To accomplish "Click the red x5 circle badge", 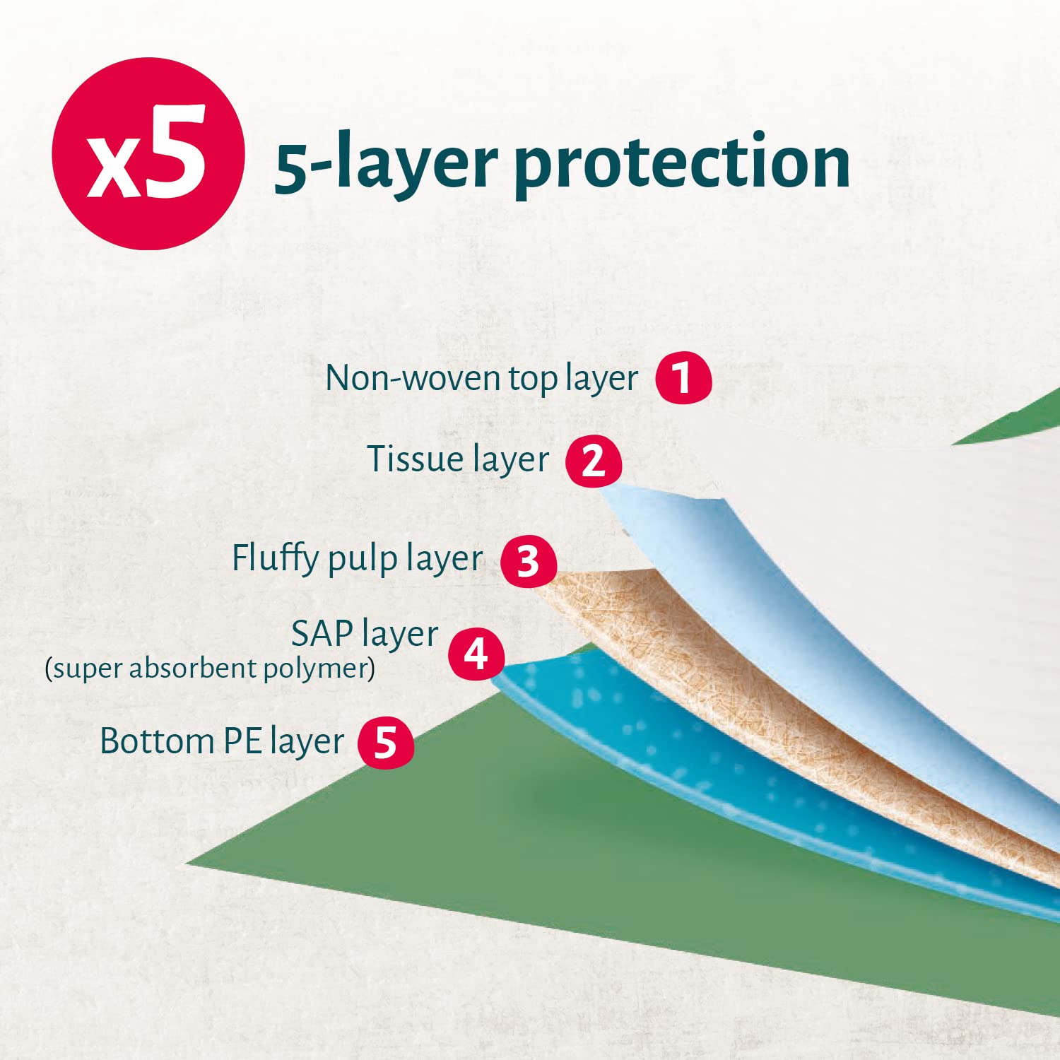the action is pyautogui.click(x=148, y=153).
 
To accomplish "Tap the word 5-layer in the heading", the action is pyautogui.click(x=386, y=164).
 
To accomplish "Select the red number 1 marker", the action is pyautogui.click(x=683, y=378).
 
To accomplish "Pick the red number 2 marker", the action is pyautogui.click(x=594, y=461).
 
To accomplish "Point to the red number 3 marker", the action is pyautogui.click(x=529, y=562).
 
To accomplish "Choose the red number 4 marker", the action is pyautogui.click(x=476, y=654).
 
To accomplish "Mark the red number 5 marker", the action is pyautogui.click(x=386, y=743).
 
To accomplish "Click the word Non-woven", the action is pyautogui.click(x=413, y=378).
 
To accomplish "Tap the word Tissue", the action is pyautogui.click(x=415, y=459).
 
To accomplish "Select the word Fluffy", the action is pyautogui.click(x=276, y=559).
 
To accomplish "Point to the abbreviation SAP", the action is pyautogui.click(x=322, y=633).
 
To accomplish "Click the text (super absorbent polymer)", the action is pyautogui.click(x=210, y=668).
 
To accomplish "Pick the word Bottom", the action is pyautogui.click(x=157, y=741).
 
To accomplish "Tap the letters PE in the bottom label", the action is pyautogui.click(x=242, y=741).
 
